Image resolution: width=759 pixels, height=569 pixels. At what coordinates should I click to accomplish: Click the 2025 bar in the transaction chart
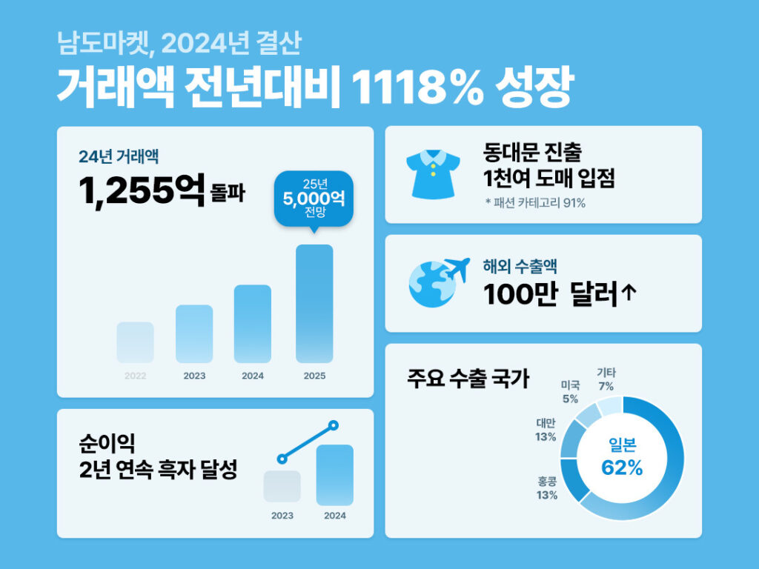(314, 303)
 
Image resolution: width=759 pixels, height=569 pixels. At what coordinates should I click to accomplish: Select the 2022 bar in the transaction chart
(135, 342)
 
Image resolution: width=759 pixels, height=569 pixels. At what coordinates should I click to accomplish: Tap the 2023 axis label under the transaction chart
(194, 376)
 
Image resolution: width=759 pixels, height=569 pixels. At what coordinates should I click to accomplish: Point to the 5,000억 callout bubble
(314, 198)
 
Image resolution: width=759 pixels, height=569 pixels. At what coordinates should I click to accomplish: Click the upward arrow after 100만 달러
(629, 294)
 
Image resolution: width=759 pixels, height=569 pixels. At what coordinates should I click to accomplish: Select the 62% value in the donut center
(621, 468)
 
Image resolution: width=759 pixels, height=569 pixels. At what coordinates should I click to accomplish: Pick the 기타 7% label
(606, 379)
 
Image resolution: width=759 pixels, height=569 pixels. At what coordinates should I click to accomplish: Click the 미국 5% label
(569, 392)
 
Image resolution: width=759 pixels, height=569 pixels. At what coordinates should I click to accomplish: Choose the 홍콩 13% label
(547, 488)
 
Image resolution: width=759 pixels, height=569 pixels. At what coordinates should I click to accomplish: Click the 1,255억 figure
(141, 192)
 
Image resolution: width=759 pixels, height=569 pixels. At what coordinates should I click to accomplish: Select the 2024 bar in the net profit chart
(334, 475)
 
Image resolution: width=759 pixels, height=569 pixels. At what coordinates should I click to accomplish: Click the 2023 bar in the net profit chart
(282, 486)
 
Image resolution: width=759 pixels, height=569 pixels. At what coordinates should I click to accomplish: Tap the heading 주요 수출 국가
(468, 379)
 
